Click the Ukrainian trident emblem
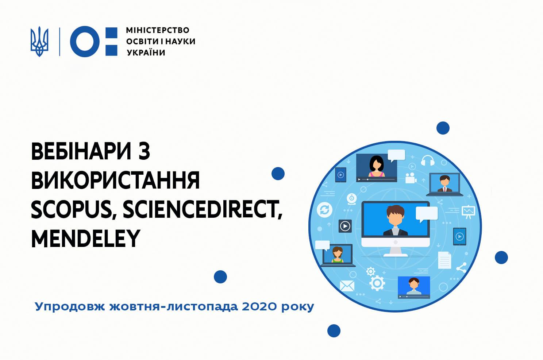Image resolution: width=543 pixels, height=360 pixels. (x=39, y=42)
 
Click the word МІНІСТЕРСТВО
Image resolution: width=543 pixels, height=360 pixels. (x=158, y=30)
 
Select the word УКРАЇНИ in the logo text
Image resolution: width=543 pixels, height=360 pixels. (x=146, y=53)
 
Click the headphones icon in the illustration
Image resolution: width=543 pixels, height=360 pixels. (x=428, y=160)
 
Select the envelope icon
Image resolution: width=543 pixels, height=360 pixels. (x=347, y=286)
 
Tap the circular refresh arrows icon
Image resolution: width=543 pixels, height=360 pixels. (x=324, y=210)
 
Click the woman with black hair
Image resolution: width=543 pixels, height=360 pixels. (x=377, y=166)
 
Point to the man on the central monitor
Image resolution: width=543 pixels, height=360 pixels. (x=395, y=220)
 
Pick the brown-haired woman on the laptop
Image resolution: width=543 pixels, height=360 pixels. (x=338, y=255)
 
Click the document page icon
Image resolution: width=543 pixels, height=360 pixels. (x=444, y=260)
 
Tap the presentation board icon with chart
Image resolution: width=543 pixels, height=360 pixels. (x=468, y=212)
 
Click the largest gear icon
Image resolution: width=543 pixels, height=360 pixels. (x=377, y=283)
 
